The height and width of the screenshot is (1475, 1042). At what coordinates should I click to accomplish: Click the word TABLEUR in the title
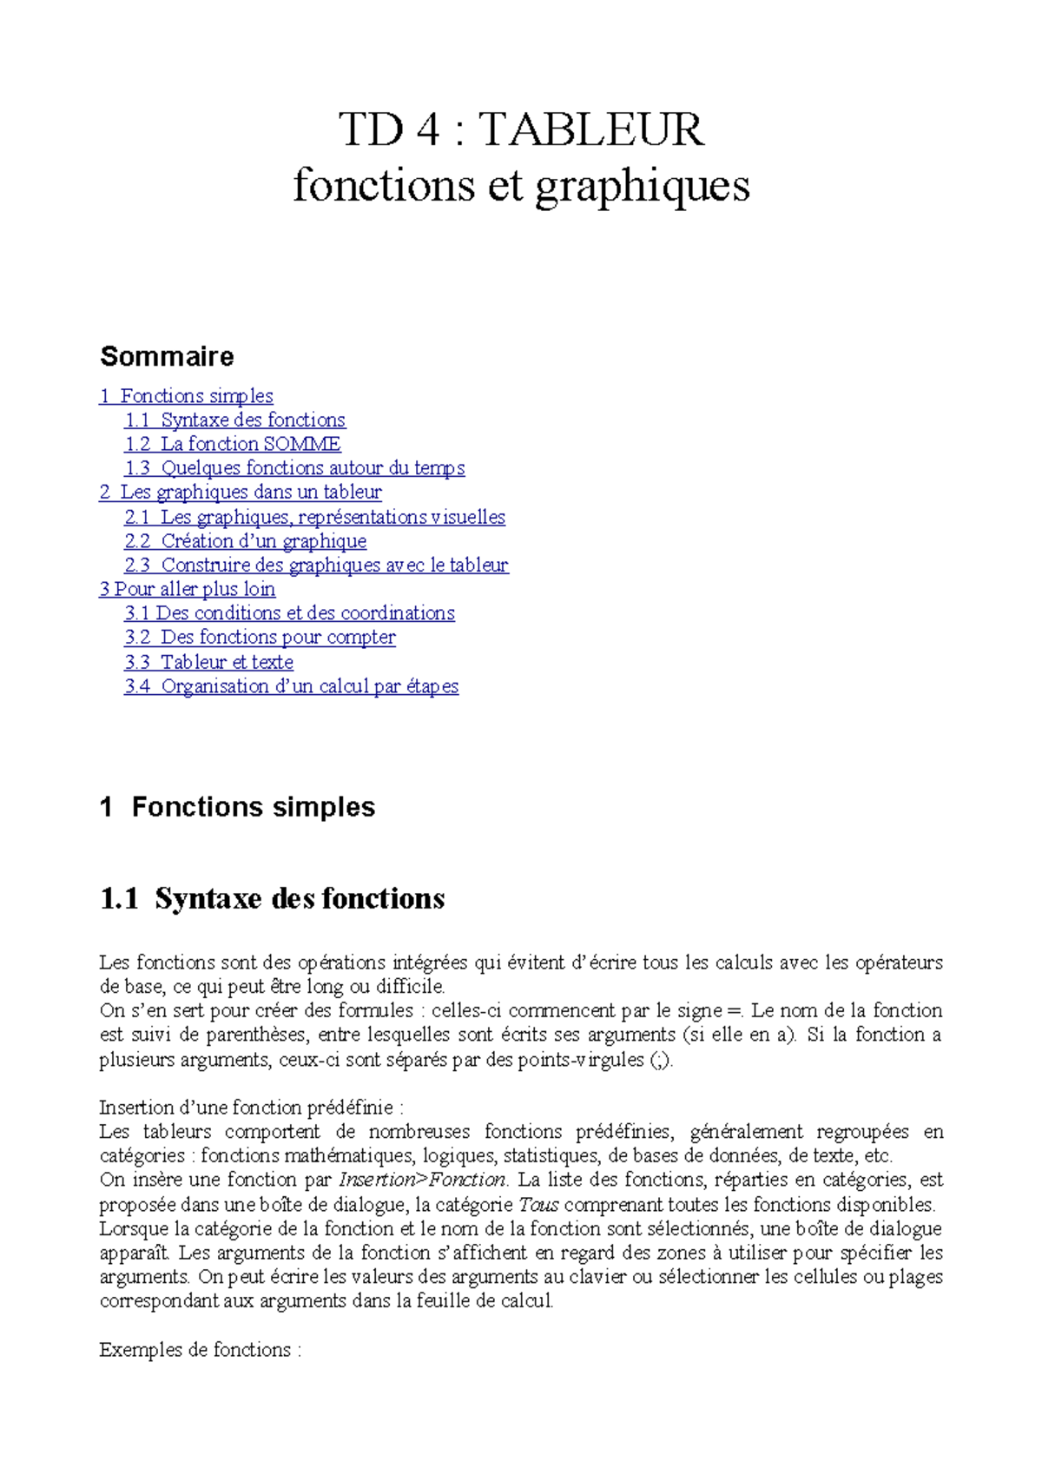tap(591, 129)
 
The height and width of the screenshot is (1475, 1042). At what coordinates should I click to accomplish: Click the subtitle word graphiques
tap(642, 186)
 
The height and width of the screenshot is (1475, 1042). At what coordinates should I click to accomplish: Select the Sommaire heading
tap(167, 356)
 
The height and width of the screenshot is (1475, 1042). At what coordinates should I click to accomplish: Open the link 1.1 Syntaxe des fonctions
tap(235, 420)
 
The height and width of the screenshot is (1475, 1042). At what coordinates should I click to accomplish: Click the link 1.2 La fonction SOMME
tap(233, 444)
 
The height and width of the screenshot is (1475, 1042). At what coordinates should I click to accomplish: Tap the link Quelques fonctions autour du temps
tap(295, 468)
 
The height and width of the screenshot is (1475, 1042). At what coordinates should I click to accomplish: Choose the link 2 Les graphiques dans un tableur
tap(241, 492)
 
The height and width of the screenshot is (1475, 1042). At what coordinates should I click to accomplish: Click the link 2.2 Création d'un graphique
tap(246, 541)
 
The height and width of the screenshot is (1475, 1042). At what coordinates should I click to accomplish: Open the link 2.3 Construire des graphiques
tap(316, 566)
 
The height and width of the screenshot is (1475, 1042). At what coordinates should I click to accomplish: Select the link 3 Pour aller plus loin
tap(188, 589)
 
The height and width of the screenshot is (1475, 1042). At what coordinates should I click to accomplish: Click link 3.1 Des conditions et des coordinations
tap(289, 613)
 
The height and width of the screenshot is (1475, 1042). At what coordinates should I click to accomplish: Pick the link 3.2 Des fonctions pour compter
tap(260, 638)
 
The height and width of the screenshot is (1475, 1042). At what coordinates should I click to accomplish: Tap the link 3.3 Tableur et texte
tap(208, 662)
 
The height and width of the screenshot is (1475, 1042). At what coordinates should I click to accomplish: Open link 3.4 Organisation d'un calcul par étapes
tap(291, 686)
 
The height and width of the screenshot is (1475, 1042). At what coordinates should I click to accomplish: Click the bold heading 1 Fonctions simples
tap(238, 807)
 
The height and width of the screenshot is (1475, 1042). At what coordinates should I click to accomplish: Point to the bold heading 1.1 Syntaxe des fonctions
tap(273, 898)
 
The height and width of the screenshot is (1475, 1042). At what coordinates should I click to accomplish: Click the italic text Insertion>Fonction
tap(422, 1180)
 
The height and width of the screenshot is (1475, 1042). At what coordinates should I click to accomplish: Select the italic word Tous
tap(538, 1205)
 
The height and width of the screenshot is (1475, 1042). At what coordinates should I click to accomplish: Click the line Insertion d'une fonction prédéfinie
tap(251, 1108)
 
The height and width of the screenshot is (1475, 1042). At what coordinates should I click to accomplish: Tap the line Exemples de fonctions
tap(200, 1350)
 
